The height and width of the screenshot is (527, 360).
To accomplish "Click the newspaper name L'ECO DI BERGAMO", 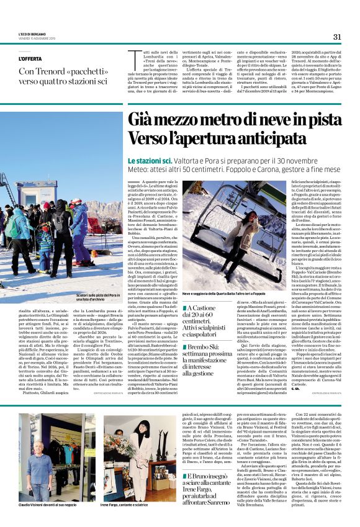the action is (30, 35).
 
